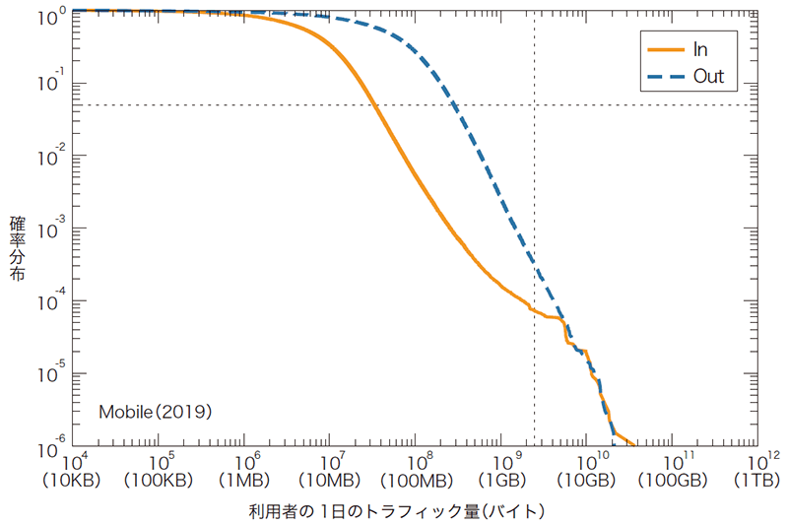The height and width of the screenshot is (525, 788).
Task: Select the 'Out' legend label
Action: [x=708, y=77]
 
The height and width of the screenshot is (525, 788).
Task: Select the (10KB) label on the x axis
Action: [x=71, y=481]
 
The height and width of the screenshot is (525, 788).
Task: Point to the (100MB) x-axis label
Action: [x=414, y=481]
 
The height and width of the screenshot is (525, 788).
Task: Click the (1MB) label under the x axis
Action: [x=242, y=481]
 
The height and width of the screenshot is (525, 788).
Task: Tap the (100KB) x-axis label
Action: [x=157, y=481]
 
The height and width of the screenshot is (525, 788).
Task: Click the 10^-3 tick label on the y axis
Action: [x=51, y=229]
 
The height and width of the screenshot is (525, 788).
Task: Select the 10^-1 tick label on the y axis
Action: [x=51, y=84]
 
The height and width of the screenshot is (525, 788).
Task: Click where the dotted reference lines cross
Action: [x=534, y=105]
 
